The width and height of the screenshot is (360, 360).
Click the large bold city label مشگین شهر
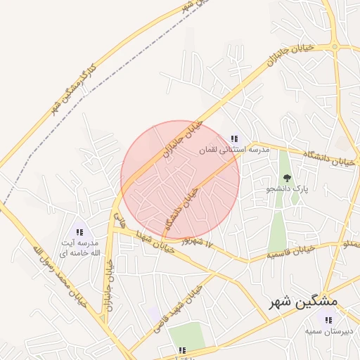coord(303,301)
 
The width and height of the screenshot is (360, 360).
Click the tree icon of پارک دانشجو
coord(286,179)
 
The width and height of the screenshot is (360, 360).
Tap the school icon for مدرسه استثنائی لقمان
coord(233,139)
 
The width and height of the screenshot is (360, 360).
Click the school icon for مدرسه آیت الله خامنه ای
coord(79,232)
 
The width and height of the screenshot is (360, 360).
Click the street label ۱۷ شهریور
coord(196,242)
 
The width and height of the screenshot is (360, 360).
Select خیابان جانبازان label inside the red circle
coord(182,139)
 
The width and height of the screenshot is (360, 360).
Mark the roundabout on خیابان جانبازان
coord(335,47)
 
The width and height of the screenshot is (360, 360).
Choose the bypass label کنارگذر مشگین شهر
coord(78,90)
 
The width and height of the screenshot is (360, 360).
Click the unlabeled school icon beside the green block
coord(182,349)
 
